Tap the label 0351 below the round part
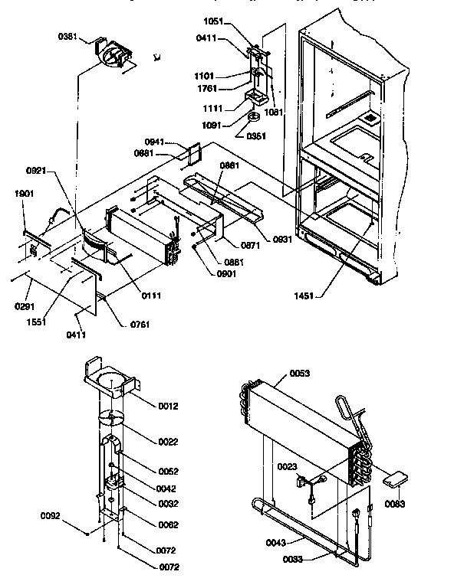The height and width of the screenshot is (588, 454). [x=255, y=136]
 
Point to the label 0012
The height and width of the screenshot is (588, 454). [x=167, y=406]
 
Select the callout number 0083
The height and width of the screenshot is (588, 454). [x=396, y=504]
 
